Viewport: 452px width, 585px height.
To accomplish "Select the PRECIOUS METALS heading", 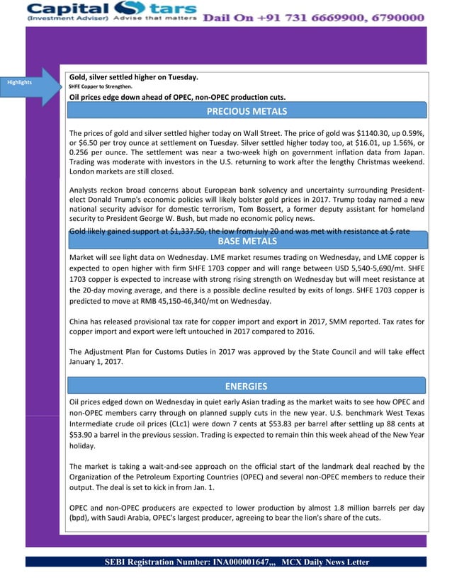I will point(247,111).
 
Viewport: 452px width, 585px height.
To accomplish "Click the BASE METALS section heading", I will point(247,242).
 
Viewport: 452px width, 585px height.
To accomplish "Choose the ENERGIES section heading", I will point(247,386).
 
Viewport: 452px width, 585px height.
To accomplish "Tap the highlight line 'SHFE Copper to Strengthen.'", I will point(99,87).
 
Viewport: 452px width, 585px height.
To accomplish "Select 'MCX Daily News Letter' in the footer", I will point(325,562).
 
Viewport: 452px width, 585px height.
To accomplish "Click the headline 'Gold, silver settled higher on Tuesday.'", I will point(133,76).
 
